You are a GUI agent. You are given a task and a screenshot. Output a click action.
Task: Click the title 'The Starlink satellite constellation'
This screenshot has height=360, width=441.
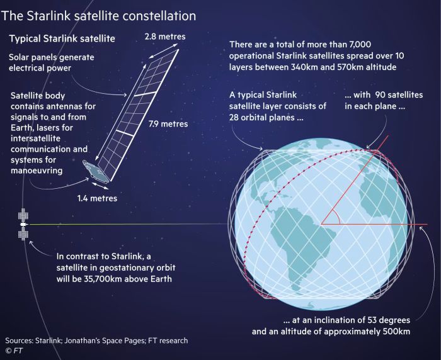point(100,14)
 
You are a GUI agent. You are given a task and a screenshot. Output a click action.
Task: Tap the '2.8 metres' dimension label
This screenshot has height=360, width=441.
point(164,37)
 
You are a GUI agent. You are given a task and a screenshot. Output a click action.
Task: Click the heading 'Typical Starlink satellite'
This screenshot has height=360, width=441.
point(61,39)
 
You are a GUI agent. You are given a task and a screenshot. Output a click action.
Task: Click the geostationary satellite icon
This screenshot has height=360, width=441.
point(23,224)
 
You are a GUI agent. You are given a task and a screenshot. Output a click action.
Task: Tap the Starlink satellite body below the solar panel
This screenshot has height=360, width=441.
point(96,171)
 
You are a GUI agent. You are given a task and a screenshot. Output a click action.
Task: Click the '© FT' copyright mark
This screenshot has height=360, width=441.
point(14,351)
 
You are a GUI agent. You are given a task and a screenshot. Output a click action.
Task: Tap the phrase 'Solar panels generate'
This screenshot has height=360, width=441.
point(50,57)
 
